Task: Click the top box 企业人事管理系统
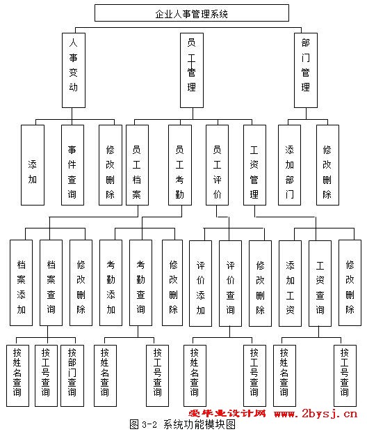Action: click(192, 13)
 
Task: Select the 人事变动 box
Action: click(74, 70)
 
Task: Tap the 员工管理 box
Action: click(192, 70)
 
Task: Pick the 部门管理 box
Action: click(306, 70)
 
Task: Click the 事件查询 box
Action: click(72, 165)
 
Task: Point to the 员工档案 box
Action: click(137, 165)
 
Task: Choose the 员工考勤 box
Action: click(180, 165)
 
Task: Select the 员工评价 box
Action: click(217, 165)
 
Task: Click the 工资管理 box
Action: click(254, 165)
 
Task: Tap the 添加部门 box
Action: click(289, 165)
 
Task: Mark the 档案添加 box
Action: click(21, 283)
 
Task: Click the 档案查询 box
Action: click(51, 283)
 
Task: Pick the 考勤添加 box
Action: click(111, 283)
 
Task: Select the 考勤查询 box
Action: click(140, 283)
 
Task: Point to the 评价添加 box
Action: click(200, 283)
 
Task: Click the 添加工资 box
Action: click(290, 283)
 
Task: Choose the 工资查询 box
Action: click(320, 283)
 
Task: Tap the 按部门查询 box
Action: click(72, 375)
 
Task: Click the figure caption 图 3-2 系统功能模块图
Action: click(183, 424)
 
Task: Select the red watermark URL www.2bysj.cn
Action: click(316, 414)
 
